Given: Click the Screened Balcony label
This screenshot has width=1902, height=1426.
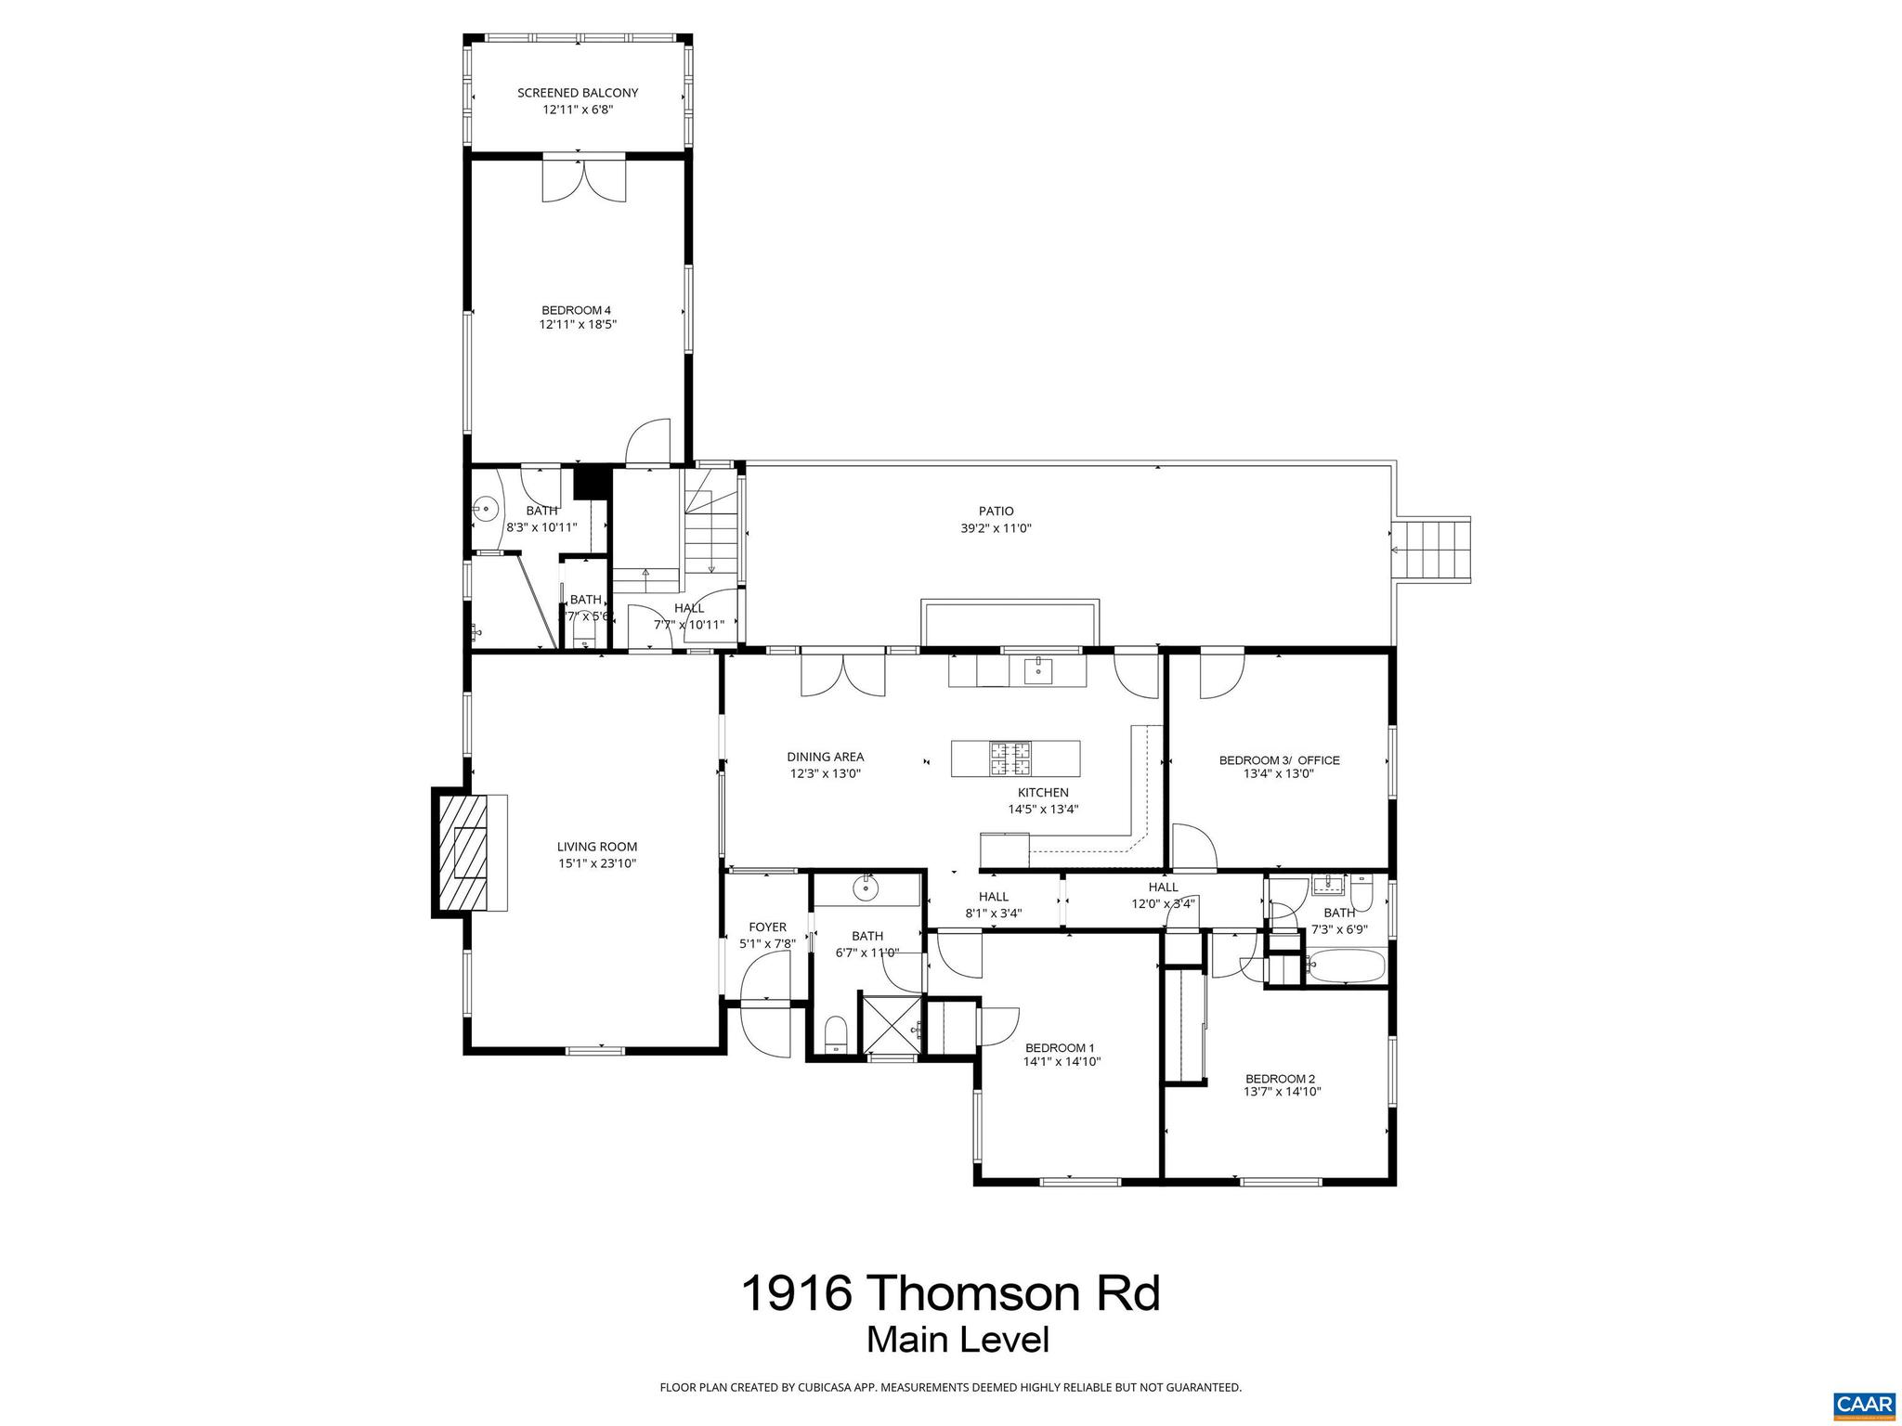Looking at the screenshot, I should point(578,93).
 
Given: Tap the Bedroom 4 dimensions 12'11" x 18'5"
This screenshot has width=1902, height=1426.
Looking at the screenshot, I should point(578,325).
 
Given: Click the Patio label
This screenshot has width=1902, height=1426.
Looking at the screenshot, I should point(996,511).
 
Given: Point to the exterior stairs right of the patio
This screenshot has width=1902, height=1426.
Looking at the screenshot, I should point(1435,550).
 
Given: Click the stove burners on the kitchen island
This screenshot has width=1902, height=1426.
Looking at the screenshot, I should point(1010,758).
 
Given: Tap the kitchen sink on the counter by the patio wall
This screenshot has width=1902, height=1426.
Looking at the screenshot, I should point(1038,669).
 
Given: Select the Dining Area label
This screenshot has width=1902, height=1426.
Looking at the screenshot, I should point(826,757).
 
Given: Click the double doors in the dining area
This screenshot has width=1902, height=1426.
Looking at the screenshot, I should point(843,675).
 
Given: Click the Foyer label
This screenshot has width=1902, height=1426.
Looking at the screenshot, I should point(767,927).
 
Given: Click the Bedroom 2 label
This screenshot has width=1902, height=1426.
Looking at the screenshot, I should point(1280,1078).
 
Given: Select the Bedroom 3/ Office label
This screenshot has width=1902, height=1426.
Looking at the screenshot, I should point(1279,759).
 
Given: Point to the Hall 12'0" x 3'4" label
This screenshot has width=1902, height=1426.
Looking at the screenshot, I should point(1163,888).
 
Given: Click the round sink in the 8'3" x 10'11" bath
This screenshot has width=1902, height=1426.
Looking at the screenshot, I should point(485,509).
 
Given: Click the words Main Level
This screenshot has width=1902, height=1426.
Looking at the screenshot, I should point(958,1340).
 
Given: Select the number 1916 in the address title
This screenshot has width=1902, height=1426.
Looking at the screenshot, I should point(796,1293).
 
